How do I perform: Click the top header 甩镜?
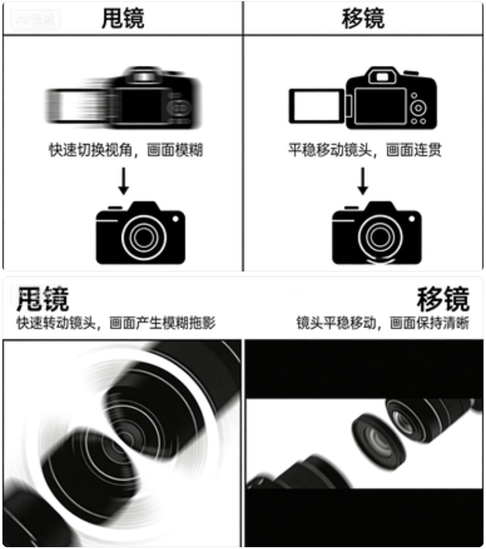pos(122,18)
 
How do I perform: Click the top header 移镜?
pos(363,18)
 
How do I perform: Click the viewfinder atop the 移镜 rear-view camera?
pos(382,76)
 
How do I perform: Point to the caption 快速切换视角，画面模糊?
pos(126,150)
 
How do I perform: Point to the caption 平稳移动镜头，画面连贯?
pos(365,150)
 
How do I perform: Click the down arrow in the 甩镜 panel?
pos(122,181)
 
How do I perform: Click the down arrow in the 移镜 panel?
pos(363,181)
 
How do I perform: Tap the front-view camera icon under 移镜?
pos(376,233)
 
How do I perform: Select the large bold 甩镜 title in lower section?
pos(43,300)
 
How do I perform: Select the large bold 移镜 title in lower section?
pos(443,300)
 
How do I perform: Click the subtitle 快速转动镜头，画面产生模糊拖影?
pos(116,323)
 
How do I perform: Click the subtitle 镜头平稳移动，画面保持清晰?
pos(382,323)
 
